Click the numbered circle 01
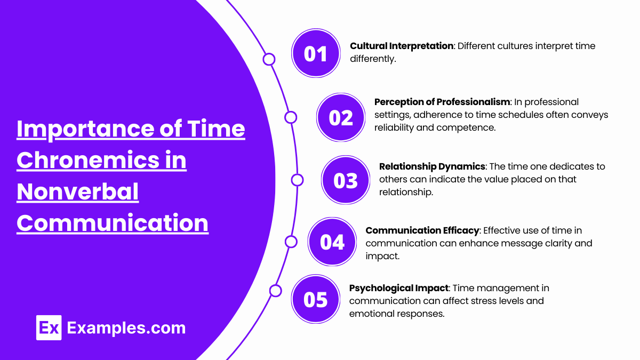[x=316, y=53]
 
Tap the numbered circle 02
[x=341, y=117]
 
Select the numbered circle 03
[x=346, y=181]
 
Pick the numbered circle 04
[x=333, y=242]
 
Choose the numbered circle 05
[x=316, y=299]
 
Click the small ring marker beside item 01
[x=269, y=59]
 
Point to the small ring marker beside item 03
[x=297, y=180]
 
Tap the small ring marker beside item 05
[x=275, y=291]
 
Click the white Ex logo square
[x=49, y=327]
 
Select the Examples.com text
[x=126, y=327]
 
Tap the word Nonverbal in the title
[x=77, y=192]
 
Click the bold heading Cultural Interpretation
[x=401, y=46]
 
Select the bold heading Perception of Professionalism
[x=442, y=102]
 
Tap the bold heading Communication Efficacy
[x=421, y=230]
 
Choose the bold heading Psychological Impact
[x=398, y=288]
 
